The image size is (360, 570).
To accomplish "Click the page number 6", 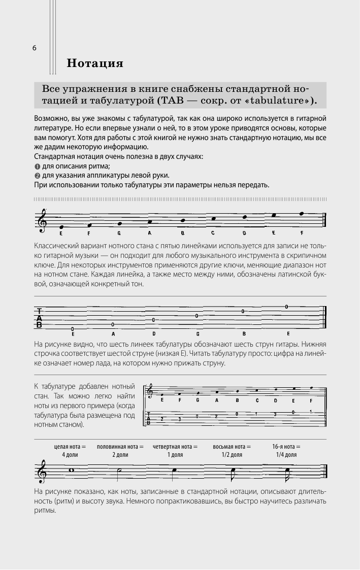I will (34, 48).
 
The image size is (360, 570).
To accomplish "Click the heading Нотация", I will (95, 64).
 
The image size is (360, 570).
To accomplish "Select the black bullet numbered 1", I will (37, 166).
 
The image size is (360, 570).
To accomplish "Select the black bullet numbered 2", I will (37, 176).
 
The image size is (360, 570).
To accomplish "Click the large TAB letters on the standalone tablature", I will (39, 317).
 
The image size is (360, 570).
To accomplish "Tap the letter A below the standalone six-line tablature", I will (113, 333).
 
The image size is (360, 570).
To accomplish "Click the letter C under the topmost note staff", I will (213, 233).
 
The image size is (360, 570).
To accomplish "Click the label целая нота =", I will (70, 446).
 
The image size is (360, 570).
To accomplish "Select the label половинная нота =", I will (120, 446).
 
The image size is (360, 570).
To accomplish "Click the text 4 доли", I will (70, 455).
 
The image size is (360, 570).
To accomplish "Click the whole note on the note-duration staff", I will (72, 470).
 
